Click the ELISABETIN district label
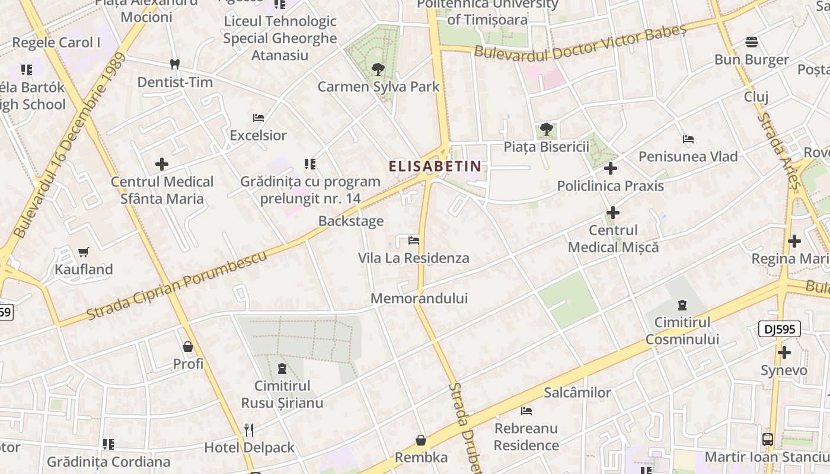coord(435,166)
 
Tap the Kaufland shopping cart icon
coord(84,252)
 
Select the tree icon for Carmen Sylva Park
coord(378,69)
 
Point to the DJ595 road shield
coord(779,329)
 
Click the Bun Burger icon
coord(752,42)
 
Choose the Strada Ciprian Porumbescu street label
coord(177,285)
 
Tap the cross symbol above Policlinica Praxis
coord(611,168)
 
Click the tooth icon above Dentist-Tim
coord(174,64)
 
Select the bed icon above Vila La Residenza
coord(414,241)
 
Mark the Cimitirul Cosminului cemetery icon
coord(682,306)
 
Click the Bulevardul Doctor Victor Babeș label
coord(580,43)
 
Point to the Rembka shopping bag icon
coord(421,440)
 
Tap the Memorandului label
coord(419,298)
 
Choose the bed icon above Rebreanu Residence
coord(526,411)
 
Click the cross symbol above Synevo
coord(784,353)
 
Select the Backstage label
coord(351,221)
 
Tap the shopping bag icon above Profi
coord(188,347)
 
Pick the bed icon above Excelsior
coord(258,118)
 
